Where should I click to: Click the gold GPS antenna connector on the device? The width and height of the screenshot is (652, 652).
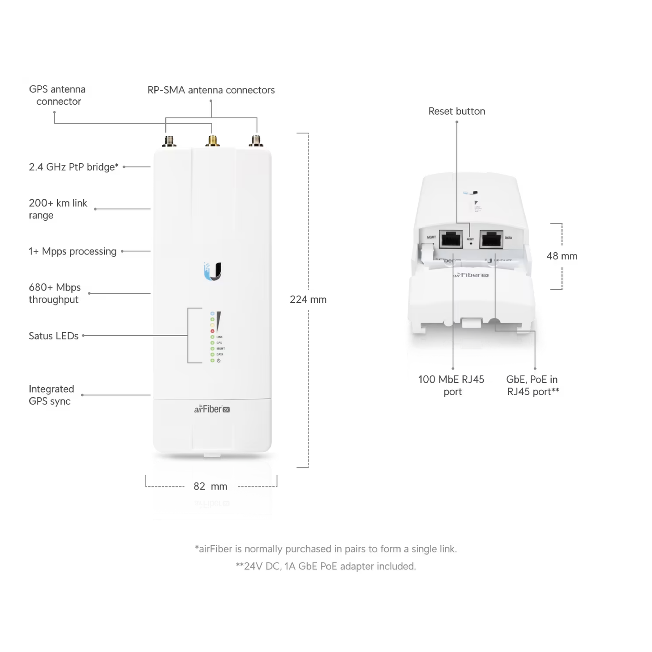(x=213, y=141)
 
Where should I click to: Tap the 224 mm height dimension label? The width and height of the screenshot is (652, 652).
(x=308, y=300)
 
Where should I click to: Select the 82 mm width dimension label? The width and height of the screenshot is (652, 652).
(x=210, y=486)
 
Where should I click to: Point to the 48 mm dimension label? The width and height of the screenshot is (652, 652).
(x=562, y=256)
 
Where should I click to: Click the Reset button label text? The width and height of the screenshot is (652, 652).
(x=457, y=111)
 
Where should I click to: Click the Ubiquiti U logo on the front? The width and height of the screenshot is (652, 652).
(x=213, y=271)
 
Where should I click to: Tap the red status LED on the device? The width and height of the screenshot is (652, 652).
(x=213, y=331)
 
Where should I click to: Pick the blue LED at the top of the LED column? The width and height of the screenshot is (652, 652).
(x=213, y=313)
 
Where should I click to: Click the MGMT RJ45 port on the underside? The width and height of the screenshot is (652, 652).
(x=451, y=239)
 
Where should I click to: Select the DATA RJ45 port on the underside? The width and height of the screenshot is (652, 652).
(x=491, y=239)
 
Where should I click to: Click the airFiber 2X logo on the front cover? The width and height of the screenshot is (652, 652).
(x=212, y=409)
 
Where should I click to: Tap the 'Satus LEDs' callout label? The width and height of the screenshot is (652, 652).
(x=54, y=336)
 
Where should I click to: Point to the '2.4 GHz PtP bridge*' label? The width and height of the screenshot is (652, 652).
(x=74, y=167)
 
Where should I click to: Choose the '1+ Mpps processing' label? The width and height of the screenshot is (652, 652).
(x=73, y=251)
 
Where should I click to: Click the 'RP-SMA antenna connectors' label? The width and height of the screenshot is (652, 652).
(x=211, y=90)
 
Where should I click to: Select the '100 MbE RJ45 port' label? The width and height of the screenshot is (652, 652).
(x=451, y=385)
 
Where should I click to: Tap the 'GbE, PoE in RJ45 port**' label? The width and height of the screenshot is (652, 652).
(x=532, y=385)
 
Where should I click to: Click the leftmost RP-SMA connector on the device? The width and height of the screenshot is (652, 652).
(x=169, y=141)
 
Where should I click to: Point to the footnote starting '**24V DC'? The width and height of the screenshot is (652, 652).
(x=326, y=566)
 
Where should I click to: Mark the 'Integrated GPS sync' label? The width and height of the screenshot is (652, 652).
(x=51, y=395)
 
